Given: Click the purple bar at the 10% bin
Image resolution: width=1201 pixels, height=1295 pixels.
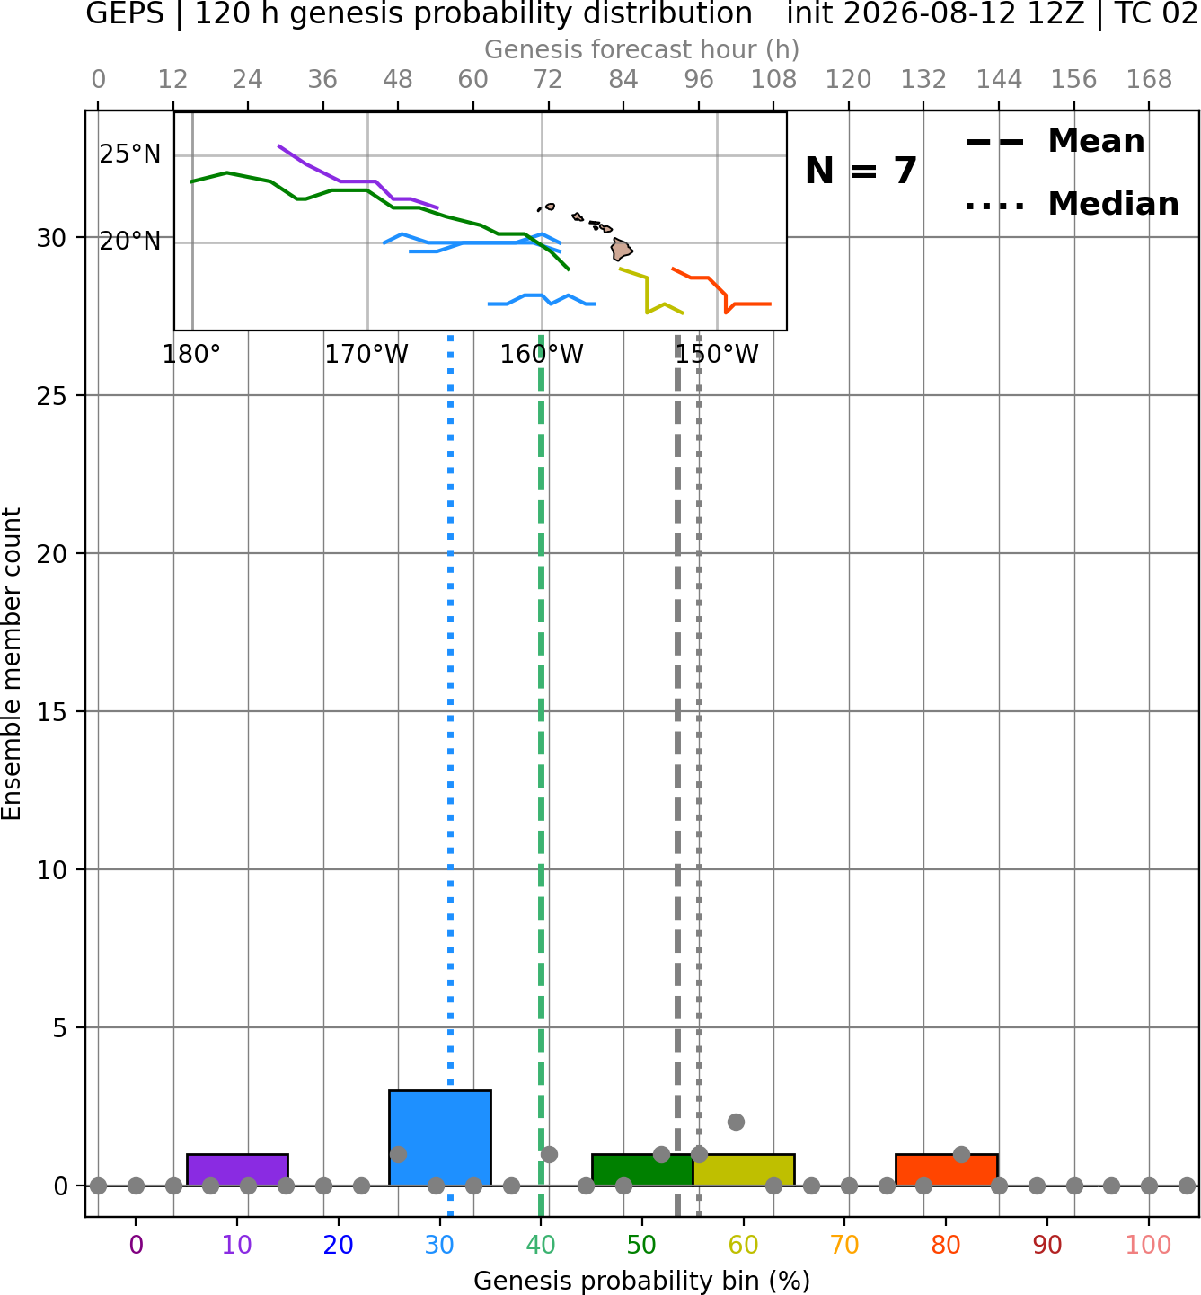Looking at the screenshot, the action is click(237, 1169).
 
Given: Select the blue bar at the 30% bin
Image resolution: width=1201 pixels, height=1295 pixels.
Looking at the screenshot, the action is click(439, 1138).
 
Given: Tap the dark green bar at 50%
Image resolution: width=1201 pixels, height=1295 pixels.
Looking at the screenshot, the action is click(642, 1169).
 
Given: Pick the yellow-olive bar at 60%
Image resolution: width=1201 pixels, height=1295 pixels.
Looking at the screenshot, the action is click(744, 1169).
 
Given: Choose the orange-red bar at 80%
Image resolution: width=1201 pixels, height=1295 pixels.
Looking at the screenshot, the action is click(947, 1169).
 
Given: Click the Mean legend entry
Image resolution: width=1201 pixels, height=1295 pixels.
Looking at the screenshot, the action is click(1055, 141).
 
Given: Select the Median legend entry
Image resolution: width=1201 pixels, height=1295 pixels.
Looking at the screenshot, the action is click(1072, 204).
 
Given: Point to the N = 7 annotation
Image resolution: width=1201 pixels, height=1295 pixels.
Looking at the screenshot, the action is click(861, 171).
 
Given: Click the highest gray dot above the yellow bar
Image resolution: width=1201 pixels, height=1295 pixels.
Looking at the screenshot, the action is click(736, 1123).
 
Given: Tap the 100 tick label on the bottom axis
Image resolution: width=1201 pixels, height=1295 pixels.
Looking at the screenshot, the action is click(1149, 1246).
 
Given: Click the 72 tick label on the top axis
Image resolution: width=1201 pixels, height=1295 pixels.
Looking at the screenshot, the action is click(548, 80).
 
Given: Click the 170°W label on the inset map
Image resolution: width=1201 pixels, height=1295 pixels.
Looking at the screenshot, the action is click(366, 354).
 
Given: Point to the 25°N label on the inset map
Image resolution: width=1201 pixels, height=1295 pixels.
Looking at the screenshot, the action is click(130, 154).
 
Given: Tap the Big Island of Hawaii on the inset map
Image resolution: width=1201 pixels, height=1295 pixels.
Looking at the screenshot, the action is click(621, 249).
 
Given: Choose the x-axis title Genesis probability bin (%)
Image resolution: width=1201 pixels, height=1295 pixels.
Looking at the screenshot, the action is click(642, 1282).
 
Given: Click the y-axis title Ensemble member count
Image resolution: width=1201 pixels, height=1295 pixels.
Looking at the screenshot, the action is click(12, 664).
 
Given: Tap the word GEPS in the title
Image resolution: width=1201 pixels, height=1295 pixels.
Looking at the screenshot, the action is click(125, 13).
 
